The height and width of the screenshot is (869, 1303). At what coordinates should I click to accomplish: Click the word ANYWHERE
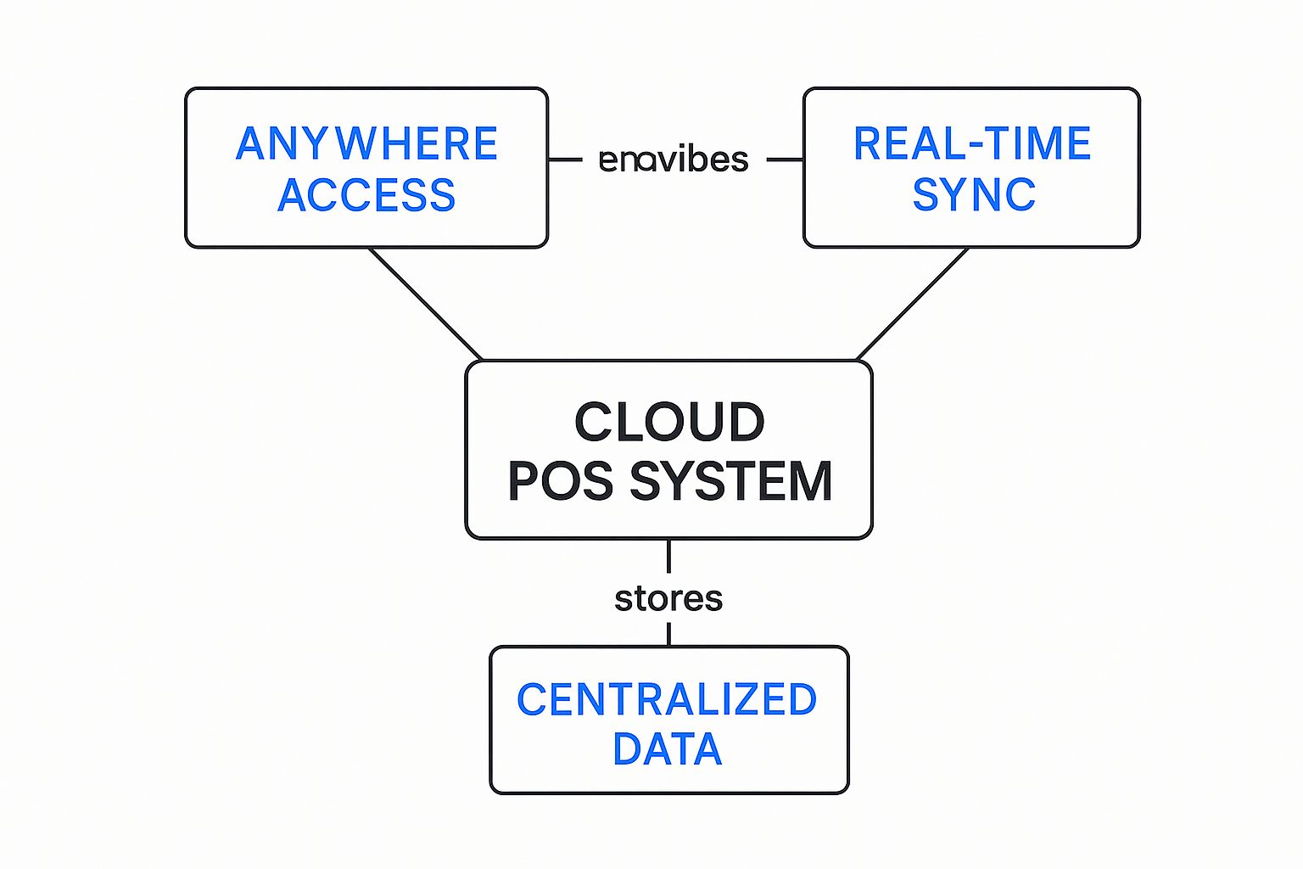click(366, 143)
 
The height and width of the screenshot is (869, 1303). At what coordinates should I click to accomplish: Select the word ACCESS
click(366, 195)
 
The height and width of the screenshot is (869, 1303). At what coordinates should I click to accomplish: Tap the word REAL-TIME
click(972, 143)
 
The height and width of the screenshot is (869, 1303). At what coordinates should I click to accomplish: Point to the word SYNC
click(974, 195)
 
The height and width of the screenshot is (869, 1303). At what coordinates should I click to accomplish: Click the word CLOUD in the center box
click(669, 422)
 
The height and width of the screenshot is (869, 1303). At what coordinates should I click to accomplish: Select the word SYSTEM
click(730, 481)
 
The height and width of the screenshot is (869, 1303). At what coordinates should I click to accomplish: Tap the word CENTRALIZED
click(667, 700)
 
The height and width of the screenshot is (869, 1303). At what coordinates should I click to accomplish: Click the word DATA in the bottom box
click(668, 749)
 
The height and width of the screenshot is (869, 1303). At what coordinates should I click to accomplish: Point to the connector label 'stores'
click(668, 599)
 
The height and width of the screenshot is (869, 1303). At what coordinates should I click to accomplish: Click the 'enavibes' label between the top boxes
click(674, 160)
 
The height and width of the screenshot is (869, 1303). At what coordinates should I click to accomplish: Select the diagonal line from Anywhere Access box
click(426, 304)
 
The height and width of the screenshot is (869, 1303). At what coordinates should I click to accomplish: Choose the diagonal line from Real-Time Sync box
click(913, 304)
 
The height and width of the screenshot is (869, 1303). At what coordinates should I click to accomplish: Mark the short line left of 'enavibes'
click(565, 159)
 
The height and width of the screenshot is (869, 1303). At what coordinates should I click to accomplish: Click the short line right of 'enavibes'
click(785, 159)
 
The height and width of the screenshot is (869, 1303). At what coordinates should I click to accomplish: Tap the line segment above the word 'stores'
click(668, 556)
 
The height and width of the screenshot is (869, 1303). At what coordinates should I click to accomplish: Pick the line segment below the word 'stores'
click(668, 634)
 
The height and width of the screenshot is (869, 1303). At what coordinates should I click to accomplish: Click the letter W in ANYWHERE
click(356, 143)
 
